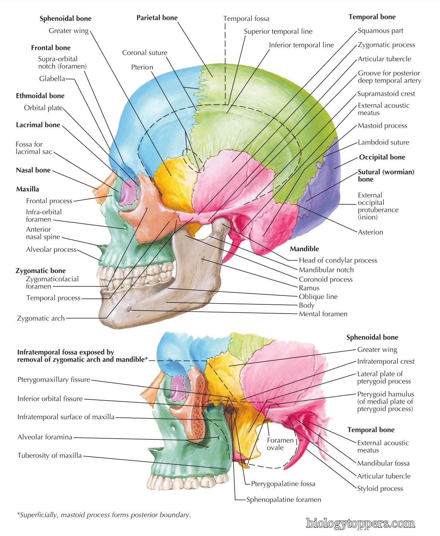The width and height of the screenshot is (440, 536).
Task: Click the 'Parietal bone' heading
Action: pyautogui.click(x=157, y=18)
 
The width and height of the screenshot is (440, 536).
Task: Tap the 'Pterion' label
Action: pyautogui.click(x=142, y=67)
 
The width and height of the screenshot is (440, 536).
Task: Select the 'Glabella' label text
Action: pyautogui.click(x=52, y=79)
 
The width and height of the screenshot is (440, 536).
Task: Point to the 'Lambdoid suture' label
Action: pyautogui.click(x=384, y=142)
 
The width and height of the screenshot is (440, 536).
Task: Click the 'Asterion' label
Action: pyautogui.click(x=370, y=232)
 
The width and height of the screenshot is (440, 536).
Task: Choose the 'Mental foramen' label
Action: pyautogui.click(x=323, y=314)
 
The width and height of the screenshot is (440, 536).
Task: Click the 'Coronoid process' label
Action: pyautogui.click(x=326, y=279)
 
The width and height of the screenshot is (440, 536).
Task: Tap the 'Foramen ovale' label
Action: pyautogui.click(x=280, y=444)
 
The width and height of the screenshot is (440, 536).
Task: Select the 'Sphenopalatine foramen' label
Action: pyautogui.click(x=283, y=500)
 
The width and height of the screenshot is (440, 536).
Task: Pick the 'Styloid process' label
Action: pyautogui.click(x=380, y=488)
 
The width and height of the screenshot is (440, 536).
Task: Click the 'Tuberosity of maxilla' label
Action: pyautogui.click(x=49, y=455)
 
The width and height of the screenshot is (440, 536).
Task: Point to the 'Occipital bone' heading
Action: pyautogui.click(x=382, y=157)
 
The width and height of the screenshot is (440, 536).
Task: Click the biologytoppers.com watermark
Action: pyautogui.click(x=360, y=524)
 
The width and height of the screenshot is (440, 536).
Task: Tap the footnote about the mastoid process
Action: pyautogui.click(x=104, y=515)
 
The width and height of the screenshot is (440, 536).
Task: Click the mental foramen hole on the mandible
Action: pyautogui.click(x=129, y=309)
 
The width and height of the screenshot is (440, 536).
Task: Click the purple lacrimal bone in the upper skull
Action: pyautogui.click(x=129, y=192)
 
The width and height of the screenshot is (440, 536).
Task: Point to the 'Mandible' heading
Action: pyautogui.click(x=304, y=249)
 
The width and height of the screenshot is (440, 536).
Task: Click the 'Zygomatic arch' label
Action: pyautogui.click(x=41, y=318)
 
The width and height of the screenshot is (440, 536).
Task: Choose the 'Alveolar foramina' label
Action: pyautogui.click(x=45, y=437)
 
